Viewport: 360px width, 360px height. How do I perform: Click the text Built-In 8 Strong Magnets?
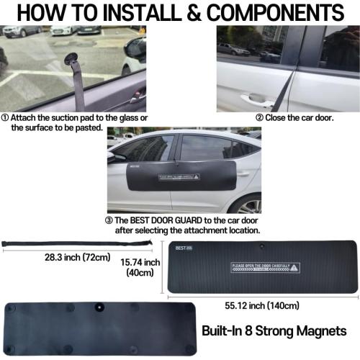[x=273, y=331]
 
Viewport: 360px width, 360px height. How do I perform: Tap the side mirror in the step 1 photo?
[x=134, y=51]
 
